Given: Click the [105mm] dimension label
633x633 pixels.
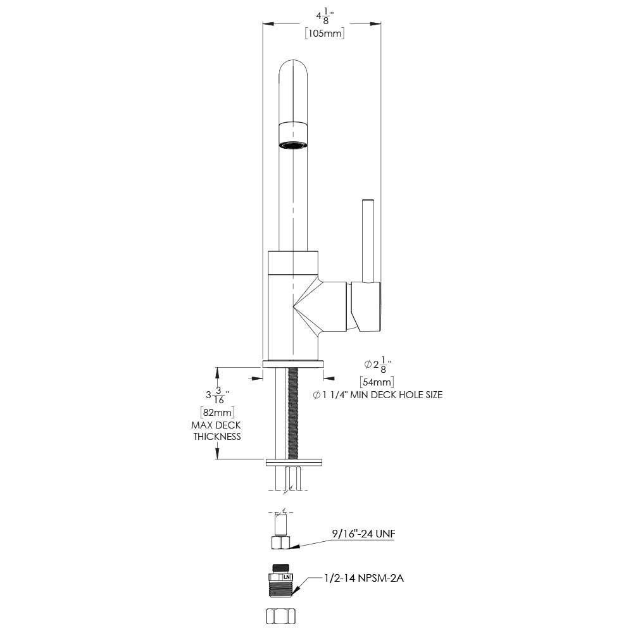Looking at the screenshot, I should coord(324,34).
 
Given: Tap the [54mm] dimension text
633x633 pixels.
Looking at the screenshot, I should coord(377,382).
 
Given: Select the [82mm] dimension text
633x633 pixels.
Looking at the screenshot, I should coord(216,413).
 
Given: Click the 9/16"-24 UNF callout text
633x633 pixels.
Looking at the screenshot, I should coord(363,534).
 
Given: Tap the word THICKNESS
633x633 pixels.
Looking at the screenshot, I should coord(217,437).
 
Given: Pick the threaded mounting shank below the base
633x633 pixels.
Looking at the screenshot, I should coord(293,411).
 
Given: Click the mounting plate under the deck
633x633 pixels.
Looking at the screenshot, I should coord(293,461).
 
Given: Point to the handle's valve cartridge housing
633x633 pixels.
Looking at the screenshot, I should coord(365,308).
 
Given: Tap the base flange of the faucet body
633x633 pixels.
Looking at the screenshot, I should coord(293,364).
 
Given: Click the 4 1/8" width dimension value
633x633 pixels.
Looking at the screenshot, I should coord(323,16).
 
